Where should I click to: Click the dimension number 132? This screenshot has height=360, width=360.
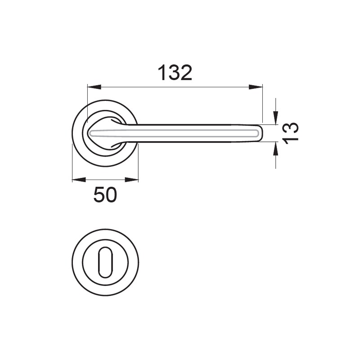(175, 73)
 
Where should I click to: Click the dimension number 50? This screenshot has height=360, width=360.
(105, 195)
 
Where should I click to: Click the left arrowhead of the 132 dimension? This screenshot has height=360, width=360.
(94, 87)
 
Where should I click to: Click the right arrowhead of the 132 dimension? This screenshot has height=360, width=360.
(256, 87)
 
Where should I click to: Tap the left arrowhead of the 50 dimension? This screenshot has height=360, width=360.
(79, 180)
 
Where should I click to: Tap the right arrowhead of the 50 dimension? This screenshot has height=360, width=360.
(132, 180)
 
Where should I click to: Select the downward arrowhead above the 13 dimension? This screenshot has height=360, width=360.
(276, 118)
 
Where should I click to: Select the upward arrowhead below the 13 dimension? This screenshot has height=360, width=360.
(276, 148)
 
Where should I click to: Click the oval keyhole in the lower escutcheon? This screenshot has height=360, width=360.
(105, 262)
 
